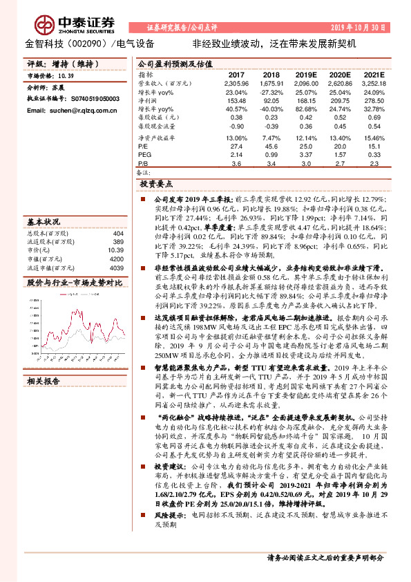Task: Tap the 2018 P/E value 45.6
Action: (271, 147)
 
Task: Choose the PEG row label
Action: (145, 156)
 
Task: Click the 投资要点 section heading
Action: (156, 185)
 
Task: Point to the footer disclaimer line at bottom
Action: (325, 557)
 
